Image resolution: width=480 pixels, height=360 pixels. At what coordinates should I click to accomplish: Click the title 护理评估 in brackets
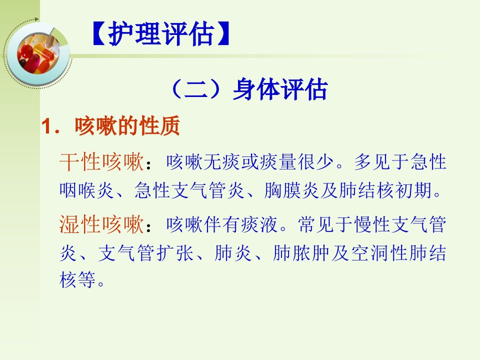tap(160, 33)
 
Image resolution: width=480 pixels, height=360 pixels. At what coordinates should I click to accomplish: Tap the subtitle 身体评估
tap(280, 89)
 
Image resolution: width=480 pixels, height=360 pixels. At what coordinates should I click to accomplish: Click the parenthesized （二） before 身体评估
tap(200, 89)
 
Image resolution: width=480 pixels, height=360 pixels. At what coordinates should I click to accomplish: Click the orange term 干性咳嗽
tap(101, 161)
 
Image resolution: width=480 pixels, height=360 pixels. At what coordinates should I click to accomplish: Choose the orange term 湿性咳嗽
tap(101, 224)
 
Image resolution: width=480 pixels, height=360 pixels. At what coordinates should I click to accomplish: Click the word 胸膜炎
tap(291, 190)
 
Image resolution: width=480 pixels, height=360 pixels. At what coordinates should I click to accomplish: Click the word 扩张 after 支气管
tap(175, 253)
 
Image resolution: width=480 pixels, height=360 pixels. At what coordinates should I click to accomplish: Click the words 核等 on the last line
tap(78, 279)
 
